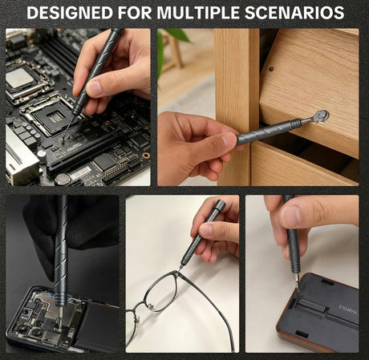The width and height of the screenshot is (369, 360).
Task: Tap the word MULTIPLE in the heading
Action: point(198,12)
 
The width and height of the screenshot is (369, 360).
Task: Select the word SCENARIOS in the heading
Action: point(294,12)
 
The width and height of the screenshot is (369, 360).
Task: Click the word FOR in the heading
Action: point(135,12)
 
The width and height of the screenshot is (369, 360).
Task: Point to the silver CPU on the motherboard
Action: point(20,78)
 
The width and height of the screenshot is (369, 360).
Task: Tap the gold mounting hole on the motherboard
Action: point(146,156)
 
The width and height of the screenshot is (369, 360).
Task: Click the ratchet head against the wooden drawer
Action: point(321,116)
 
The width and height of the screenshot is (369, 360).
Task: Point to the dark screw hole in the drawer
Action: point(271,69)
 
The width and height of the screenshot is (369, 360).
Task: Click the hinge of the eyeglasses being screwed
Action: point(177,273)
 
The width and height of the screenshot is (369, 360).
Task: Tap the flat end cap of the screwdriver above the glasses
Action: point(220,204)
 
